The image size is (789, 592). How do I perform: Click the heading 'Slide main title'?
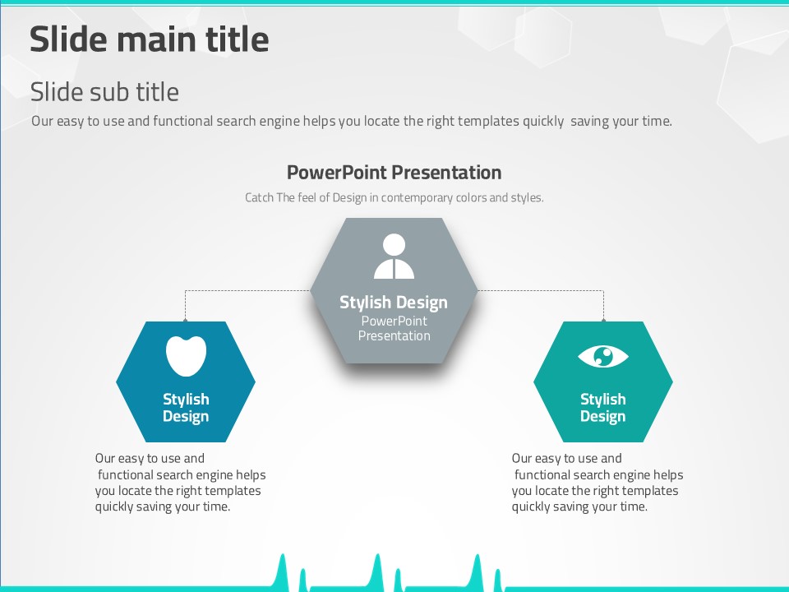tap(149, 39)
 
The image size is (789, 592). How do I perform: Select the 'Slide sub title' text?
tap(104, 91)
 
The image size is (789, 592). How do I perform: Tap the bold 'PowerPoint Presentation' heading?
tap(394, 173)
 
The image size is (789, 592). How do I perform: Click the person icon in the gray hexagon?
tap(394, 256)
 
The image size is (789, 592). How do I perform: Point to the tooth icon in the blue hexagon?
tap(186, 355)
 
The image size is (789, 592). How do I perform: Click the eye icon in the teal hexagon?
tap(602, 356)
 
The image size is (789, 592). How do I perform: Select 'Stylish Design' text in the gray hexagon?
tap(394, 302)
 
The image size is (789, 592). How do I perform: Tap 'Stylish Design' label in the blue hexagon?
tap(186, 408)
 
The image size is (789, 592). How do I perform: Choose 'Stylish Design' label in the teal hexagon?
tap(602, 408)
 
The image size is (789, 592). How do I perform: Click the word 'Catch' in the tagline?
tap(259, 197)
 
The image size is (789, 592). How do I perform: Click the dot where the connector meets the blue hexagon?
tap(185, 320)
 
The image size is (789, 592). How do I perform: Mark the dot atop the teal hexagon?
tap(603, 320)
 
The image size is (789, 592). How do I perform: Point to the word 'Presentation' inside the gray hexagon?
tap(394, 335)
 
